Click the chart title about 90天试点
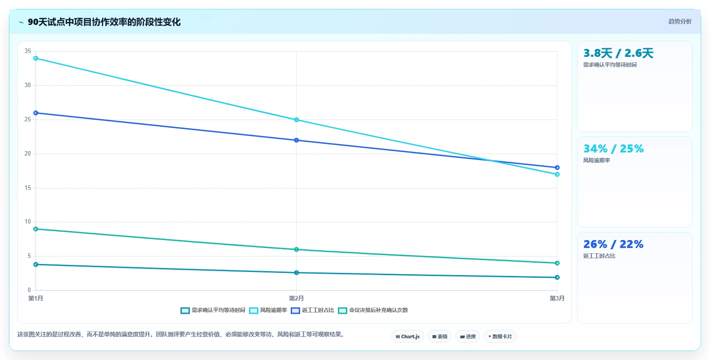104,22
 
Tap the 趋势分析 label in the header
680,21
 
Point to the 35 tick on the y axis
28,51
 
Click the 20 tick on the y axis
28,154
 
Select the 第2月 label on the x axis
297,298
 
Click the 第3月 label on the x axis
557,298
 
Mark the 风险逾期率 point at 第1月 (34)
36,58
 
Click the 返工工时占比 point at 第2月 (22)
297,140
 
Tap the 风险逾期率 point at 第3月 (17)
557,174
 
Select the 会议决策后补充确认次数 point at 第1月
36,229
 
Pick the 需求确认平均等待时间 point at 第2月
297,272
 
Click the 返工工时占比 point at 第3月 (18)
557,167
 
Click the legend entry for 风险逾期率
268,310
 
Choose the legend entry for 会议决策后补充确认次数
373,310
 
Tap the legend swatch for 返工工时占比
295,311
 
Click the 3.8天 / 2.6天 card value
618,53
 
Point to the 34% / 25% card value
614,148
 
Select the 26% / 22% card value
614,244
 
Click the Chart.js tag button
408,336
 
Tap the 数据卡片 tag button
500,336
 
